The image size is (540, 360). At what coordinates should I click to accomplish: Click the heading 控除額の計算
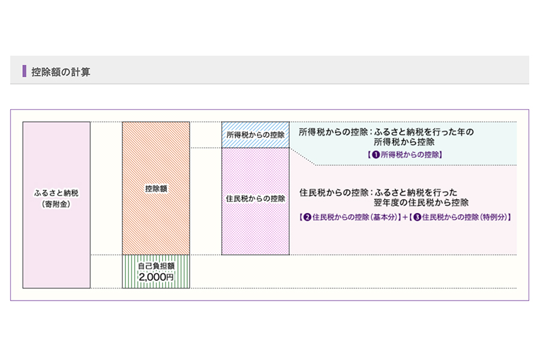pos(61,71)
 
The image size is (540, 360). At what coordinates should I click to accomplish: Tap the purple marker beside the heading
pos(24,71)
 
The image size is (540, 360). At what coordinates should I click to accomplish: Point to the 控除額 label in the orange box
pos(156,188)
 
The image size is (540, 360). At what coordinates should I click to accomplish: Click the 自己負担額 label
pos(156,266)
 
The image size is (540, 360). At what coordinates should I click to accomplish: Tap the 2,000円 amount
pos(156,277)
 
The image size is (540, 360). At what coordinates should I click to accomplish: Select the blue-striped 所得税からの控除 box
pos(256,135)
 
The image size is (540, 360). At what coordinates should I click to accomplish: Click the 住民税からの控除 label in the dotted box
pos(256,198)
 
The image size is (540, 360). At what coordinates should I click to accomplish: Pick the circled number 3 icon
pos(417,217)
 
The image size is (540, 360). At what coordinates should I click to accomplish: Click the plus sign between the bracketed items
pos(404,217)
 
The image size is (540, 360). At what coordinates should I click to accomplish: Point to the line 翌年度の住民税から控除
pos(421,203)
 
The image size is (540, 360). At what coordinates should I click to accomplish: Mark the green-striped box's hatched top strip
pos(156,258)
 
